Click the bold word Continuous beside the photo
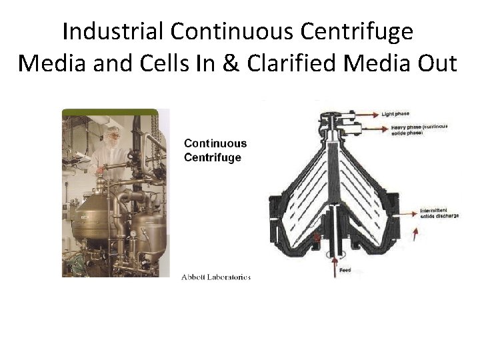[x=215, y=143]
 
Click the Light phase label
[x=395, y=114]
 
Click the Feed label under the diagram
[x=344, y=271]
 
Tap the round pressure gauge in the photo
[x=133, y=234]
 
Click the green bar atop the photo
[x=110, y=112]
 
